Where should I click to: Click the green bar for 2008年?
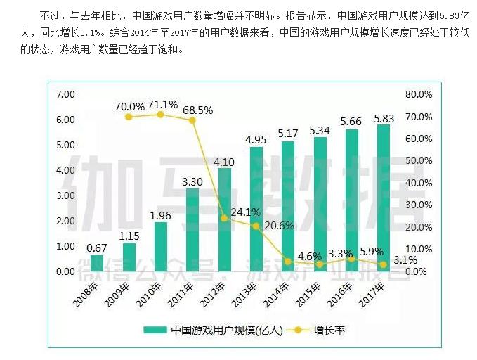97,264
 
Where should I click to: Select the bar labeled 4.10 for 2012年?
225,219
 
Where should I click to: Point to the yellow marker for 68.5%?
192,120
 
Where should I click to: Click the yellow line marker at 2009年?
129,116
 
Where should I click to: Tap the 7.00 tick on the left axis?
65,94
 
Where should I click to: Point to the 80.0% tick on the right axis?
419,94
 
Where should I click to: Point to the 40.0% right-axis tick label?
419,183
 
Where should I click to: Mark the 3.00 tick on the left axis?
65,195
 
